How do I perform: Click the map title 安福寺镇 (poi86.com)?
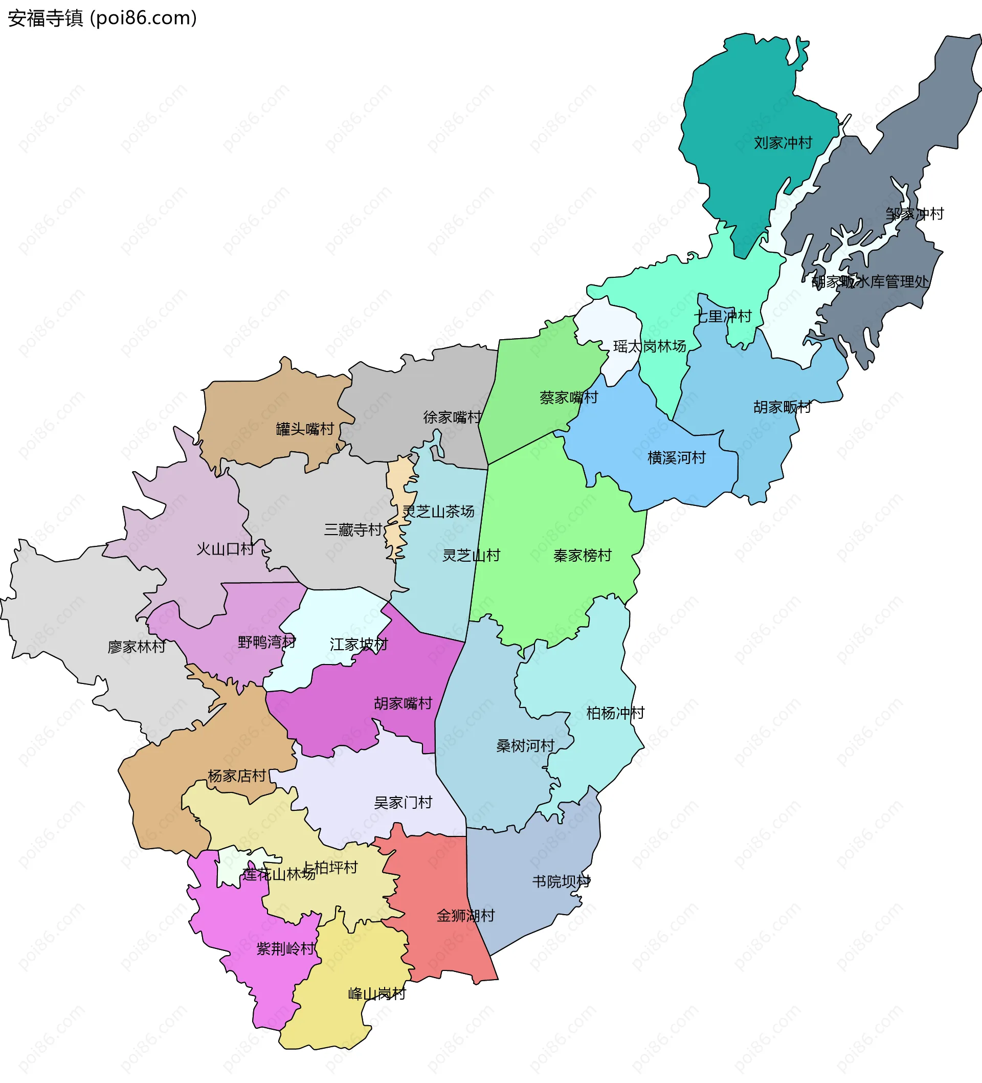tap(102, 18)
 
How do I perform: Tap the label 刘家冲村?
tap(783, 143)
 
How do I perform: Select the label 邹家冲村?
tap(914, 214)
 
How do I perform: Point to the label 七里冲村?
tap(723, 317)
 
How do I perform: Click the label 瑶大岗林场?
tap(650, 346)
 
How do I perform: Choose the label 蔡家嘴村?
tap(568, 397)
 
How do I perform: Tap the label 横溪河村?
tap(676, 458)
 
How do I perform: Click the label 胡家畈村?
tap(782, 407)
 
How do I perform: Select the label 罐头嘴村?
tap(305, 429)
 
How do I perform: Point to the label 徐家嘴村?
tap(452, 417)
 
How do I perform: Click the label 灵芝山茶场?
tap(438, 512)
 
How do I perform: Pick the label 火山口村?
tap(225, 549)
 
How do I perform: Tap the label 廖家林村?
tap(137, 647)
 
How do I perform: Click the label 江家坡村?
tap(359, 644)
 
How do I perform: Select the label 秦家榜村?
tap(583, 556)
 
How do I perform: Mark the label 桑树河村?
tap(525, 746)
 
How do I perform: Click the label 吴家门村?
tap(403, 803)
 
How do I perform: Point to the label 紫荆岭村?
tap(285, 948)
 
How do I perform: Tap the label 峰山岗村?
tap(376, 994)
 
